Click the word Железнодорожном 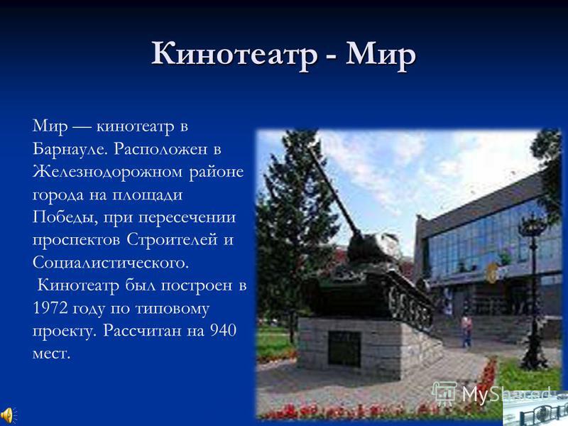[x=107, y=172]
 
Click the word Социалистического [x=111, y=263]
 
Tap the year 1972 [x=50, y=308]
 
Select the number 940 [x=223, y=331]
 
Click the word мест [x=51, y=354]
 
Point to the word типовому [x=172, y=309]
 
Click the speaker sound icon [x=6, y=414]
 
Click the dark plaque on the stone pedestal [x=344, y=348]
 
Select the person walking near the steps [x=466, y=332]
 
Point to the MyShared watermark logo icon [x=445, y=394]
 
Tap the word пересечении [x=187, y=218]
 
